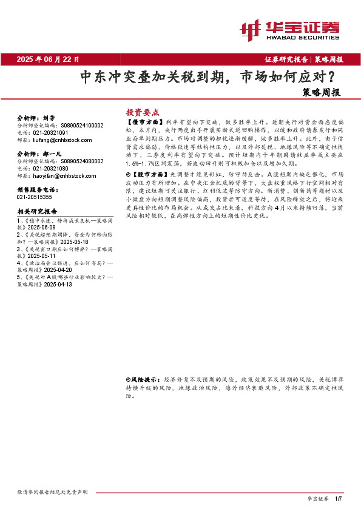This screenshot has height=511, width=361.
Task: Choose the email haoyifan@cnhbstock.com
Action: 60,175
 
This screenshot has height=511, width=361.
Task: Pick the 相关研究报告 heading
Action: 36,212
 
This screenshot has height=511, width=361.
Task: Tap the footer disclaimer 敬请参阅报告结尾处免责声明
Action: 53,492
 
